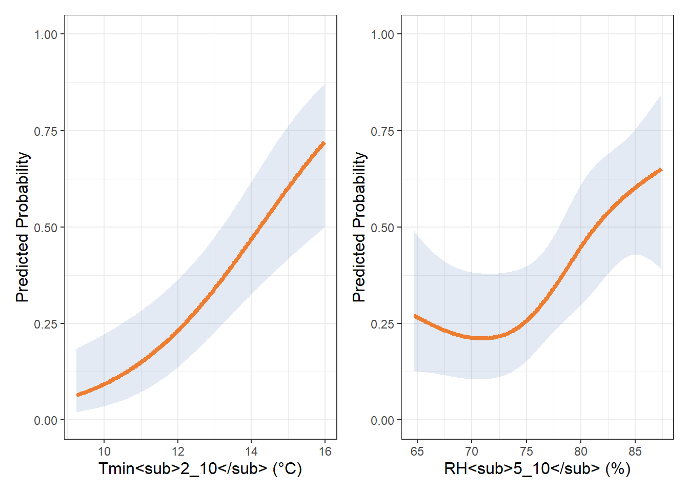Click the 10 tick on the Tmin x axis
104,452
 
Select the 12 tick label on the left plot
178,452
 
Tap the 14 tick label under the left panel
251,452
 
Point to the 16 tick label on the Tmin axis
325,452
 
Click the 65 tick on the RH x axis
417,452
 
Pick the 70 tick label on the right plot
472,452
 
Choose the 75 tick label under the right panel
526,452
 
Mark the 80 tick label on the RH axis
581,452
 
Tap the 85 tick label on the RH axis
635,452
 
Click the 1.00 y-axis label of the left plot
46,35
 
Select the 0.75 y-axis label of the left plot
46,131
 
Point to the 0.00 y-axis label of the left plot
46,421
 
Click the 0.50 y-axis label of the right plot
382,228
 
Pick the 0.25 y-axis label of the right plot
382,324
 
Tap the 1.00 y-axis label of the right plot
382,35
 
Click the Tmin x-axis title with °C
200,468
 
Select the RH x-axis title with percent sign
537,468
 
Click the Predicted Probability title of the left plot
23,227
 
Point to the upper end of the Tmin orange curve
324,143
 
